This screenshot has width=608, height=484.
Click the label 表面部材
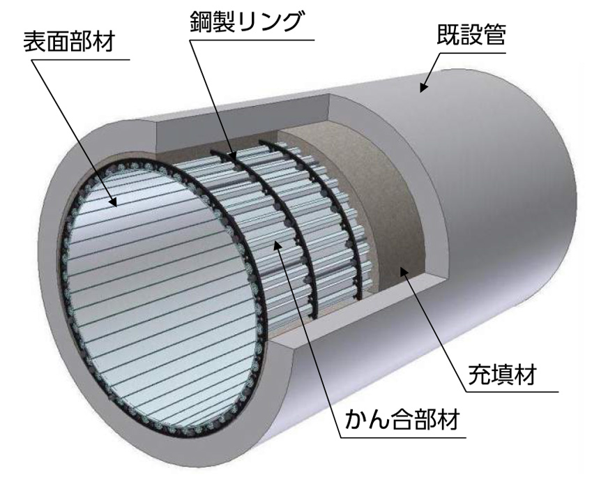[x=69, y=42]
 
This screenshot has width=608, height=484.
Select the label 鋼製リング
[x=245, y=22]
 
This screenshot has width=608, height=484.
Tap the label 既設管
[x=471, y=35]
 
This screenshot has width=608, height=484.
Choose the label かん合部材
[x=402, y=419]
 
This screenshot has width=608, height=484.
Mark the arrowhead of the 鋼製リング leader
[x=233, y=156]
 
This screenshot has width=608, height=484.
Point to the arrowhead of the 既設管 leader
[x=423, y=88]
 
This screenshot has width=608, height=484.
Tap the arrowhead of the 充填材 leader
[x=404, y=271]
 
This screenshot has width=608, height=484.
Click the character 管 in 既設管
[x=494, y=35]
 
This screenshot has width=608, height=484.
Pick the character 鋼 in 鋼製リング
[x=201, y=22]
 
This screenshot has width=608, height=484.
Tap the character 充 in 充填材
[x=480, y=374]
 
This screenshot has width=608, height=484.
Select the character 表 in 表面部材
[x=34, y=42]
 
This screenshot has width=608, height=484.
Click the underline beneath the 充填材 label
[x=512, y=392]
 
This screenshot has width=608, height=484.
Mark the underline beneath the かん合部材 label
[x=403, y=438]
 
